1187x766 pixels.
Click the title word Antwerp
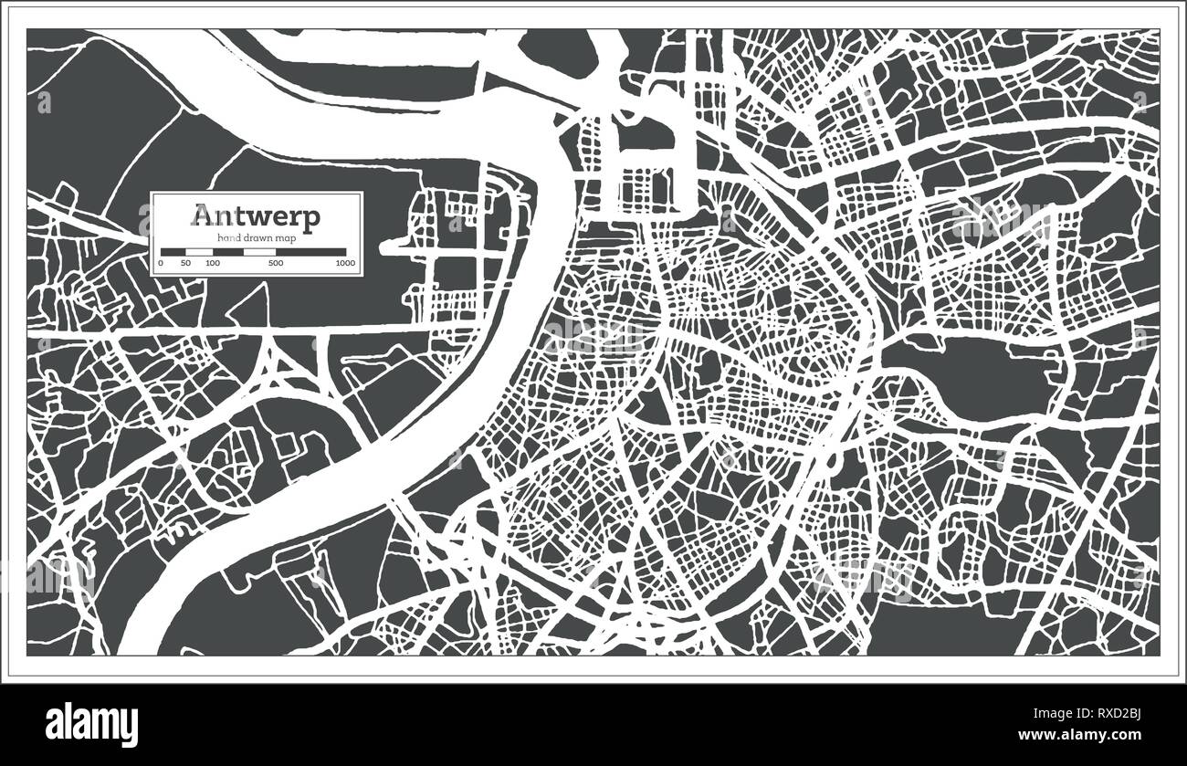256,217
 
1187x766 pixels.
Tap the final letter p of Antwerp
311,220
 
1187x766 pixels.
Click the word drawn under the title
256,237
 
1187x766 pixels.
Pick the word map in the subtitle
284,237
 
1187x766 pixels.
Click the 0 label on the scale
161,263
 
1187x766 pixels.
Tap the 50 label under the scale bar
186,263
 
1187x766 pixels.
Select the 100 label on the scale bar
213,263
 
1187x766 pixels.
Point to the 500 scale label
274,263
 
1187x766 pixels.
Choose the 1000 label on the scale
345,263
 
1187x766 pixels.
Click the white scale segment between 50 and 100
200,251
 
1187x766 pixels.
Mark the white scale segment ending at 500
259,251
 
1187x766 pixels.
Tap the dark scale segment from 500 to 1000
310,251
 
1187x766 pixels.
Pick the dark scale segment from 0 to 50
173,251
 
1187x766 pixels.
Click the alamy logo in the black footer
91,724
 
